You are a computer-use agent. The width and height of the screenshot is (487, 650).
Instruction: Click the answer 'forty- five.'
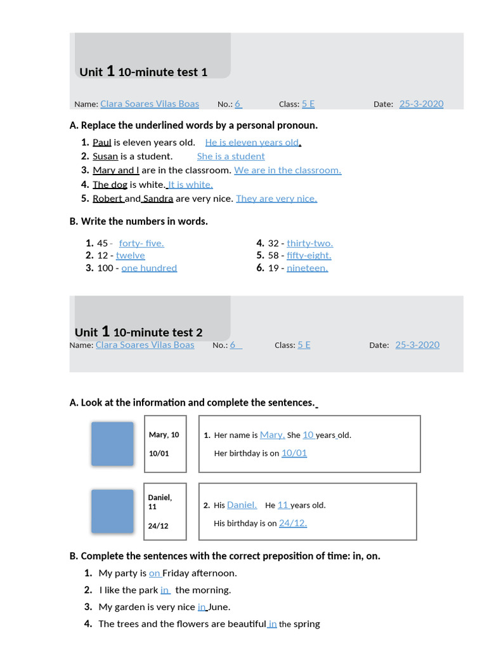pos(141,243)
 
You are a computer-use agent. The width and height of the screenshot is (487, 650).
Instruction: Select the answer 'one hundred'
pos(149,268)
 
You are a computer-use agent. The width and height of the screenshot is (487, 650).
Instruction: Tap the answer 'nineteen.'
pos(308,268)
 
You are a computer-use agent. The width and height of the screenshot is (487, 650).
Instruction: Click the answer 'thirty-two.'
pos(309,243)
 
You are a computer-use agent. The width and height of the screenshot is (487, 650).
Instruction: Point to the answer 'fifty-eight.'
pos(309,255)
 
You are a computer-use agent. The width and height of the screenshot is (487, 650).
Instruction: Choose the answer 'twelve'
pos(131,255)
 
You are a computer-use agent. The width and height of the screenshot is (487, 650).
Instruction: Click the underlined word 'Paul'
pos(102,142)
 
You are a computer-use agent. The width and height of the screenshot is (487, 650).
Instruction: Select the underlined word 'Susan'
pos(105,156)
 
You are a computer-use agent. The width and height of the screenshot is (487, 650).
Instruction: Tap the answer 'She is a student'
pos(231,156)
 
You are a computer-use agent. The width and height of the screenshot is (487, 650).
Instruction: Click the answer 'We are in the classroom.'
pos(287,170)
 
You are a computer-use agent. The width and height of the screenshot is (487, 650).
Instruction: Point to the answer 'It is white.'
pos(190,185)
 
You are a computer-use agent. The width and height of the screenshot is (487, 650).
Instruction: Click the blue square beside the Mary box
pos(112,444)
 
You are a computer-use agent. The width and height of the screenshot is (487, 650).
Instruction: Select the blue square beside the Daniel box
pos(112,511)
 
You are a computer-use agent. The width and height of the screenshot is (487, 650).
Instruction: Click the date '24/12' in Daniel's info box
pos(159,526)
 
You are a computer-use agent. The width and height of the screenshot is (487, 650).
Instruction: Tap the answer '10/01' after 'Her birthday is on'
pos(294,453)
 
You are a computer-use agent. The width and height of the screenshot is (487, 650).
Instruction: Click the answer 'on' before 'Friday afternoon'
pos(155,573)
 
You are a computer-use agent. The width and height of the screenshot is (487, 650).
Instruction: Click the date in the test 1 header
pos(421,104)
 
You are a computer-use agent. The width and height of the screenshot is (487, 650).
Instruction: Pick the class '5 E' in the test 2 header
pos(304,345)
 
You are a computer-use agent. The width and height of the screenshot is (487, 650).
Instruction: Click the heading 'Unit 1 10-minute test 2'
pos(139,332)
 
